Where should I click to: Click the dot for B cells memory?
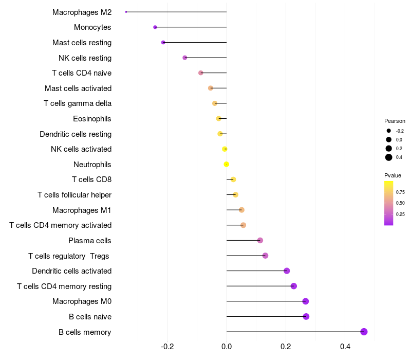[x=364, y=332]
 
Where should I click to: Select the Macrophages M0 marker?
[x=306, y=301]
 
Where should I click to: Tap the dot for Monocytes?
[x=155, y=27]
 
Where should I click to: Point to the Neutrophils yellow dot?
[x=226, y=165]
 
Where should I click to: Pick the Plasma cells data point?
[x=260, y=241]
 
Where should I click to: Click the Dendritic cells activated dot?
[x=287, y=271]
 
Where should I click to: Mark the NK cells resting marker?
[x=185, y=58]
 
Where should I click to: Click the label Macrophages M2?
[x=82, y=12]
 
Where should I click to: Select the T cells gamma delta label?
[x=78, y=103]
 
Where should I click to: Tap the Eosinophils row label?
[x=92, y=119]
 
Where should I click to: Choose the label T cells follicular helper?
[x=74, y=195]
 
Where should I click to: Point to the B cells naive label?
[x=90, y=317]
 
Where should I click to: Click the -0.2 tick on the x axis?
[x=167, y=347]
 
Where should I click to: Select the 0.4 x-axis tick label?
[x=345, y=347]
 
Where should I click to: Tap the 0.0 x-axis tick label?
[x=227, y=347]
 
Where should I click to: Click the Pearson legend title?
[x=395, y=121]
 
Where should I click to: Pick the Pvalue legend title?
[x=393, y=175]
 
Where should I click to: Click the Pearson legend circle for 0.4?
[x=389, y=157]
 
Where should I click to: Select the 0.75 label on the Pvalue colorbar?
[x=400, y=192]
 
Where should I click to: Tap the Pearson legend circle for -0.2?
[x=389, y=131]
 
